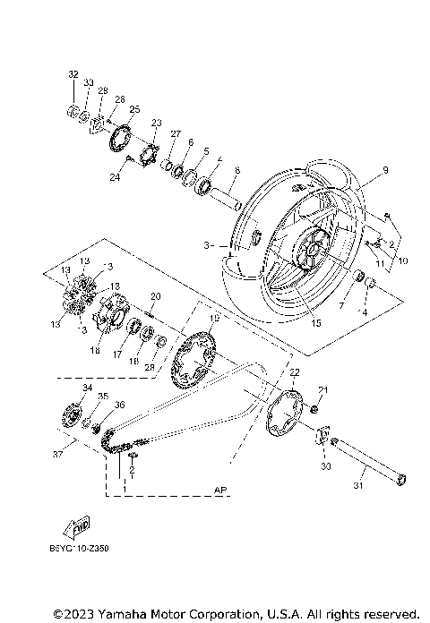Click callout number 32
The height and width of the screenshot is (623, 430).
click(73, 74)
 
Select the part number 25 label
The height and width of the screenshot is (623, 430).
click(134, 109)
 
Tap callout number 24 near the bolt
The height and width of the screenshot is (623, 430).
click(115, 177)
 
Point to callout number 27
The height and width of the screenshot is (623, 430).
click(176, 134)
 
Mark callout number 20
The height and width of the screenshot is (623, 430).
click(155, 295)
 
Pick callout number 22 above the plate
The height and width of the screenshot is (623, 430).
click(293, 372)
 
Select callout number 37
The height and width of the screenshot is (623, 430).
click(58, 454)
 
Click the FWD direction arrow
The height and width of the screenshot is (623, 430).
click(79, 525)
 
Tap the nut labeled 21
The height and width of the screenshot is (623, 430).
click(315, 410)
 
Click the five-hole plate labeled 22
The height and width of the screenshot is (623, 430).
click(290, 414)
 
